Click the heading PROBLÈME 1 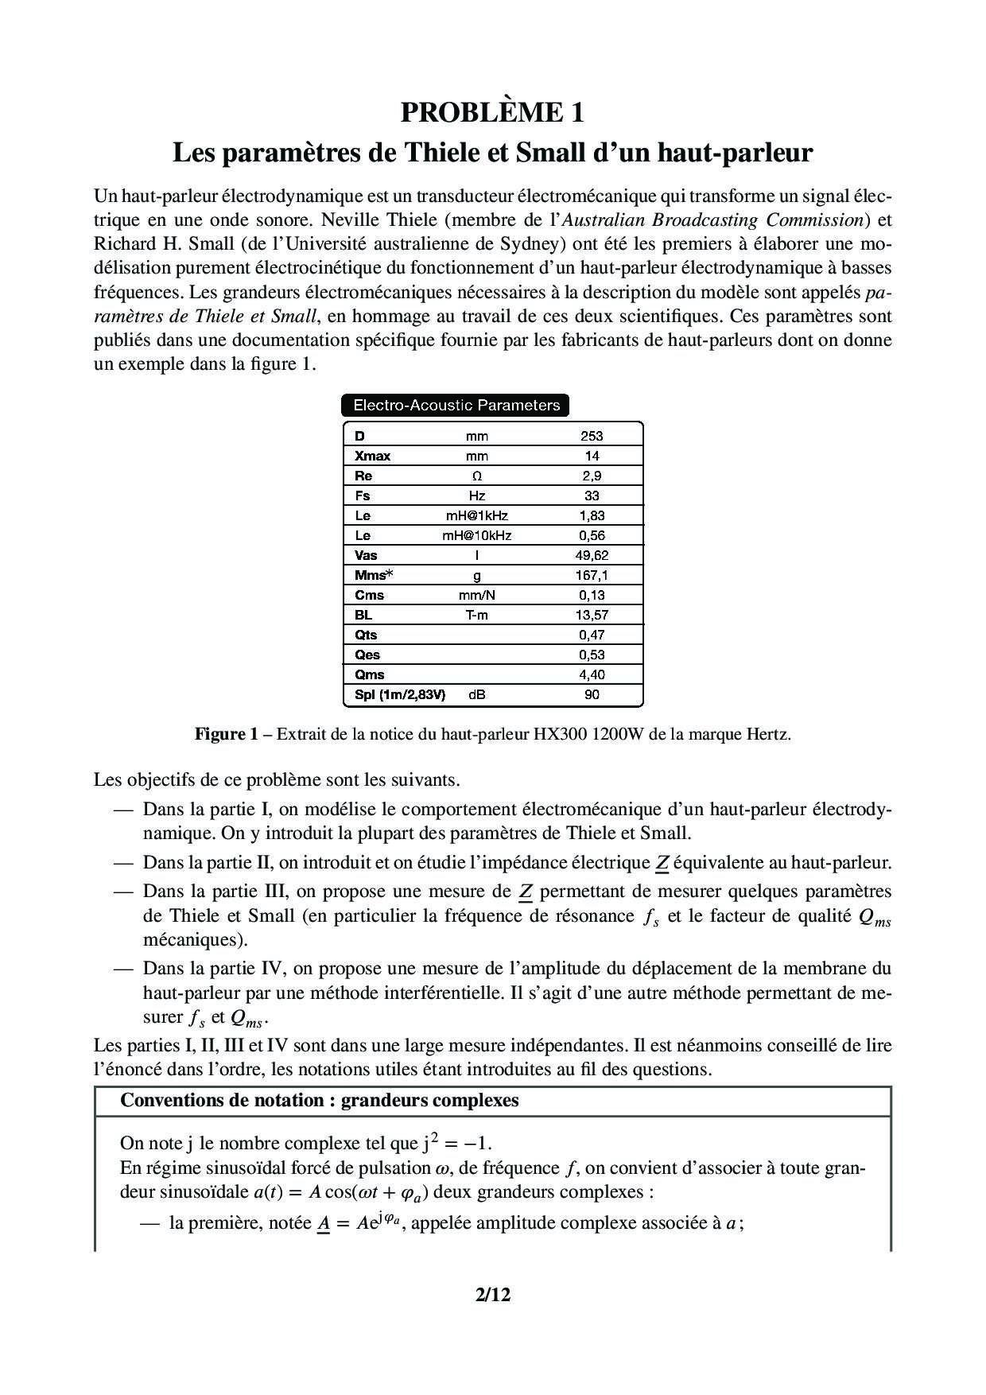click(x=492, y=113)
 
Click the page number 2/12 click(x=492, y=1295)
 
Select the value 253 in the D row click(x=592, y=436)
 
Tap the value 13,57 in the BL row click(x=592, y=615)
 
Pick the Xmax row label click(x=372, y=456)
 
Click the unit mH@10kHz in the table click(x=476, y=535)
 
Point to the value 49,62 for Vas click(x=592, y=555)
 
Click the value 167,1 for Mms click(x=592, y=575)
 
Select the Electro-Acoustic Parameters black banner click(x=456, y=406)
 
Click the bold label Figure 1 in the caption click(x=226, y=734)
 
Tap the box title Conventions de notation click(x=319, y=1101)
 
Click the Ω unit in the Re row click(x=476, y=476)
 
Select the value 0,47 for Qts click(x=592, y=635)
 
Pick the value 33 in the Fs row click(x=592, y=495)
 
